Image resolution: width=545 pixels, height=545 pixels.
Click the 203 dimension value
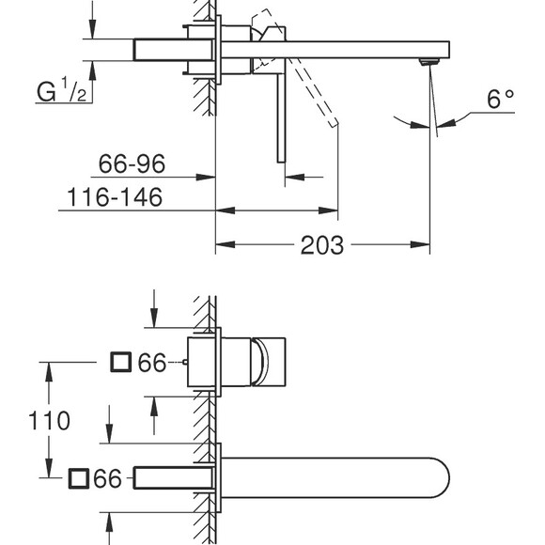point(322,246)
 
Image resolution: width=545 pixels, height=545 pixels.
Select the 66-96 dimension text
point(132,164)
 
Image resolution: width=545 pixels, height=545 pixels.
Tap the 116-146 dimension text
point(115,197)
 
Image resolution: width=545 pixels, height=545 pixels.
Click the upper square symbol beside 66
point(120,362)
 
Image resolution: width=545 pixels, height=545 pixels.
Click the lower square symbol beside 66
point(79,479)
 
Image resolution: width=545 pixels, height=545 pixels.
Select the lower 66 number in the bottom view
point(109,479)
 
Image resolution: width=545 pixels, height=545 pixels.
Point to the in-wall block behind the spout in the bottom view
point(174,478)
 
